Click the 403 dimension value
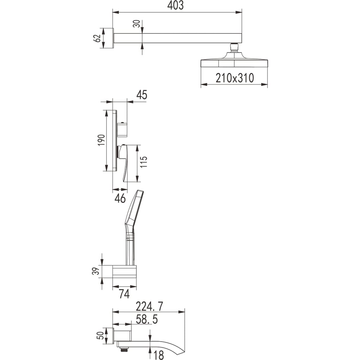pos(175,5)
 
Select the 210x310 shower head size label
pos(235,78)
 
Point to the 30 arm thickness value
pos(137,24)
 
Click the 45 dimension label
pos(141,95)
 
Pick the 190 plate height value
pos(101,140)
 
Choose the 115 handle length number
pos(143,162)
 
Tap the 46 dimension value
pos(120,198)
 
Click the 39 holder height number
pos(96,271)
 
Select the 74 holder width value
pos(124,294)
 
